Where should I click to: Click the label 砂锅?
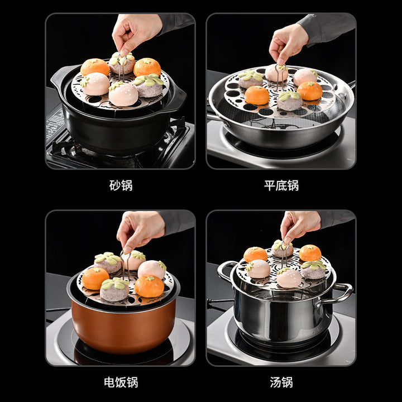coord(121,185)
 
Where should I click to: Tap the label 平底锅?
coord(281,185)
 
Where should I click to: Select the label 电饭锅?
coord(121,382)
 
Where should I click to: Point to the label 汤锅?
coord(281,382)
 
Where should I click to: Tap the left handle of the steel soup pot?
coord(225,270)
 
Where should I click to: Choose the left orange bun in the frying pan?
coord(257,95)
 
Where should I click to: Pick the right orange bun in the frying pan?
coord(309,91)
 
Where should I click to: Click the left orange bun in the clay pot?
coord(94,66)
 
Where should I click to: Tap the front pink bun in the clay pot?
coord(123,94)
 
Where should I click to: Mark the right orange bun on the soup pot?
coord(310,253)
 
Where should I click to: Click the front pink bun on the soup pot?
coord(289,278)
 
